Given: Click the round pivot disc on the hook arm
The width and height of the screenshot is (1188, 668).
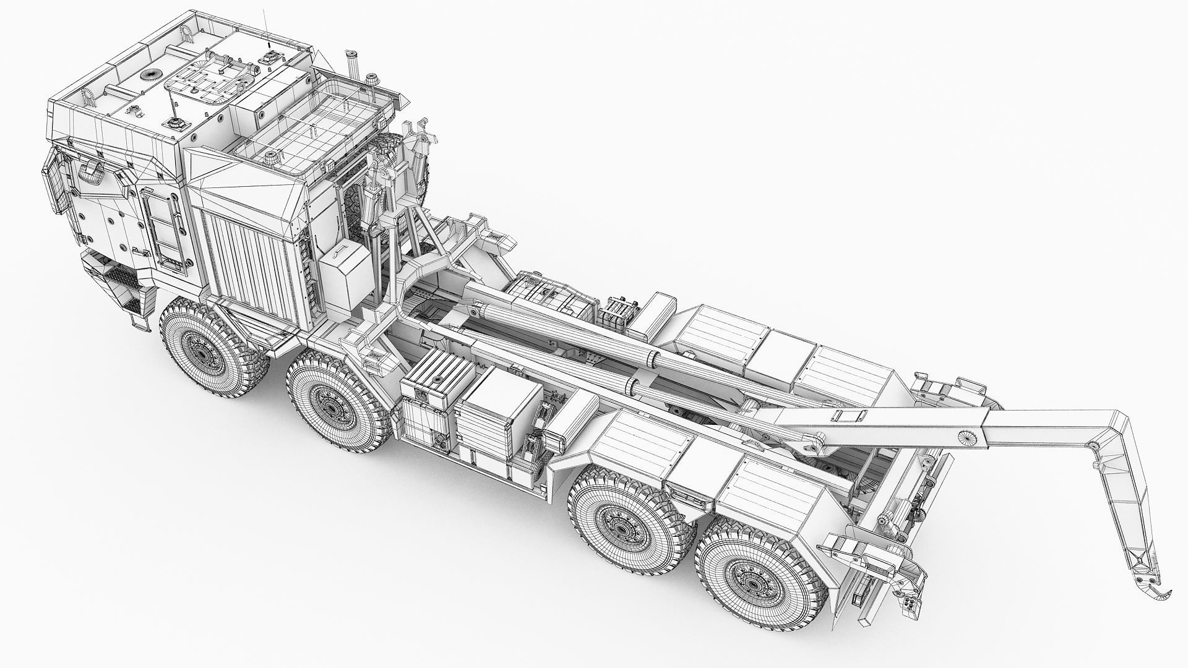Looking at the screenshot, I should [966, 436].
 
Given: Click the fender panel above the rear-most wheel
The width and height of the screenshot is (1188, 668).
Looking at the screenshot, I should [773, 495].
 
